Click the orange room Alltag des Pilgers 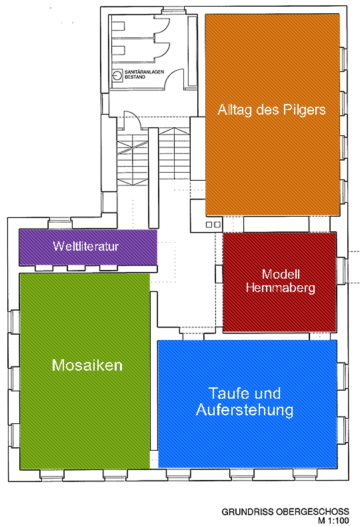[273, 115]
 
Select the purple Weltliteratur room [88, 247]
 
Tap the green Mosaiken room [85, 371]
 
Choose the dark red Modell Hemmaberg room [280, 282]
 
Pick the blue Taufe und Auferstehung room [247, 404]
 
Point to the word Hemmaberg [281, 288]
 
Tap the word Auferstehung [245, 409]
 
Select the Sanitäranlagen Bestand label [144, 74]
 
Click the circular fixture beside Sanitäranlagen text [117, 75]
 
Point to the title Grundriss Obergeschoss [285, 512]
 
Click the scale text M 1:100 [333, 521]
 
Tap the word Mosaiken [87, 365]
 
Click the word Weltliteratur [86, 246]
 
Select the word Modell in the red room [281, 275]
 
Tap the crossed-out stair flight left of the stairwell [133, 159]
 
